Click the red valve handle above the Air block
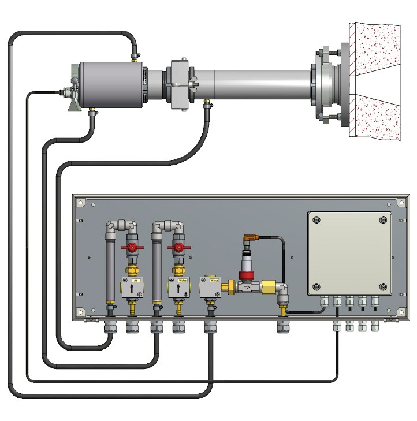click(x=133, y=249)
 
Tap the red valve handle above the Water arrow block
click(x=178, y=249)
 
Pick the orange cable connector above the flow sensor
click(x=249, y=236)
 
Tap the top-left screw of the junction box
click(x=315, y=220)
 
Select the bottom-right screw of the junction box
click(x=384, y=287)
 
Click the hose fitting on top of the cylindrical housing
click(x=134, y=56)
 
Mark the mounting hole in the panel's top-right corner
click(x=401, y=203)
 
